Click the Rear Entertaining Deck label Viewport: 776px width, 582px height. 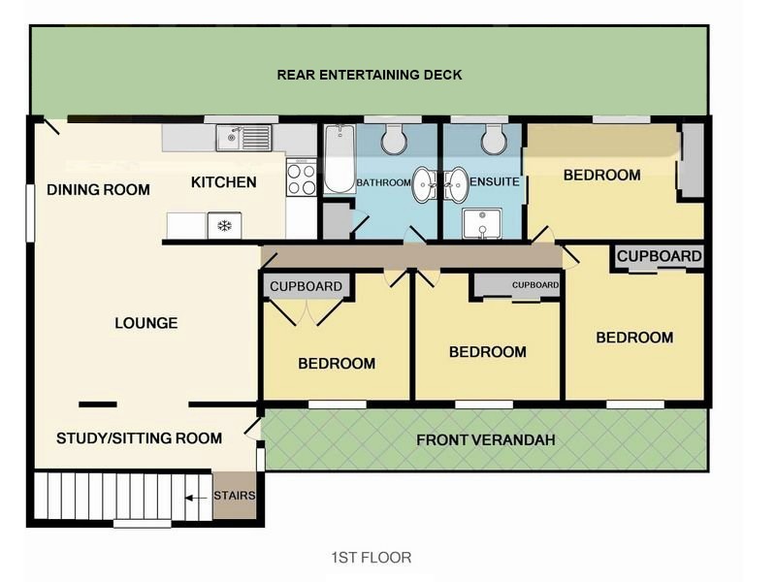(370, 75)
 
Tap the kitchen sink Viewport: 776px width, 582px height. (243, 138)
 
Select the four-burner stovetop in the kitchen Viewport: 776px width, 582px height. (302, 178)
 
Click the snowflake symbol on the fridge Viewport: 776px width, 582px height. (225, 226)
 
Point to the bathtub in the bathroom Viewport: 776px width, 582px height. (339, 158)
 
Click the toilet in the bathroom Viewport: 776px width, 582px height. (394, 139)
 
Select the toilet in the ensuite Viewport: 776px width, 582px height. (495, 139)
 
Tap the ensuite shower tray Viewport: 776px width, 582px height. (482, 224)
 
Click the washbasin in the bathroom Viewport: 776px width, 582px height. (424, 184)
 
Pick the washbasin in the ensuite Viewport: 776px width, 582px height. (456, 184)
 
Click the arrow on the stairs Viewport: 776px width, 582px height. (197, 498)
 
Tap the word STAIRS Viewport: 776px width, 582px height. (235, 496)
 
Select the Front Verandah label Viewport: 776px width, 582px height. (486, 440)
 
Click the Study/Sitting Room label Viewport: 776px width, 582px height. (139, 438)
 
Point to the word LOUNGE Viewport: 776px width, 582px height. (146, 323)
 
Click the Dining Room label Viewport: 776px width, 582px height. (98, 189)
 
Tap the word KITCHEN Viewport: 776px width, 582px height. (224, 182)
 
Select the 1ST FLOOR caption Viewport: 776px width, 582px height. (372, 558)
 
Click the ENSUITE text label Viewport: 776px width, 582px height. (495, 181)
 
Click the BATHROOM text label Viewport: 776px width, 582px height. (383, 182)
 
